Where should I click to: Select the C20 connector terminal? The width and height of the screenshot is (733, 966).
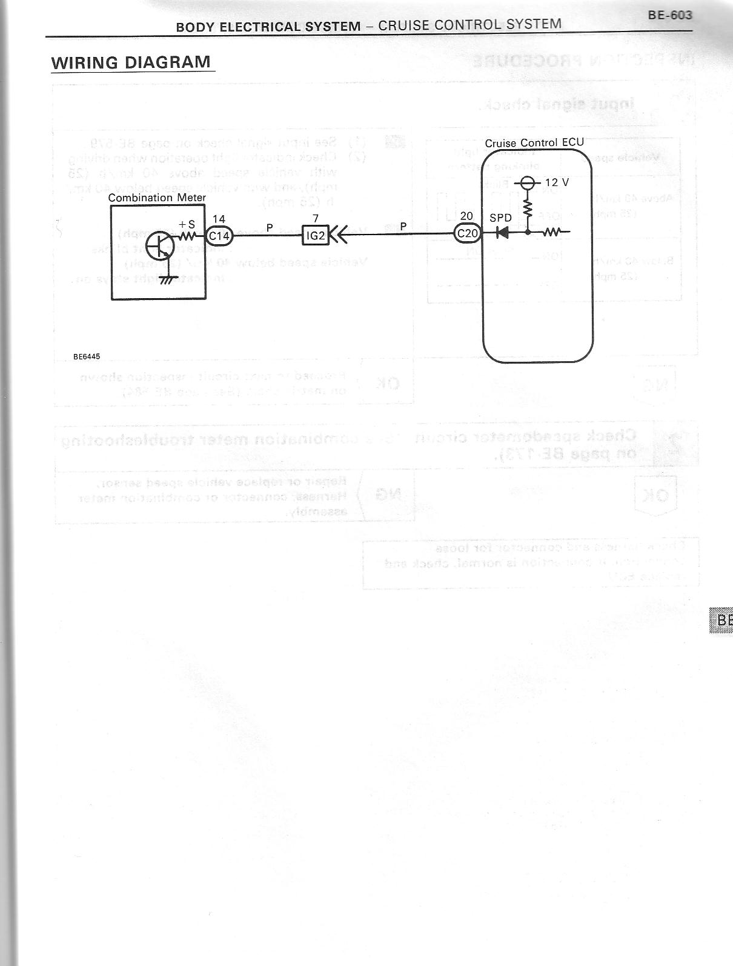[x=467, y=232]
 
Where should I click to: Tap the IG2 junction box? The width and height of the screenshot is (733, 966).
[x=316, y=236]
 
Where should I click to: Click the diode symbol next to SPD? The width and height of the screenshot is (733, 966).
[x=502, y=232]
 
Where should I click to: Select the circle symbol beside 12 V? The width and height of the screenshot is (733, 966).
[x=528, y=183]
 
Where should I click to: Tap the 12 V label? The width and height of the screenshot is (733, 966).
[x=556, y=182]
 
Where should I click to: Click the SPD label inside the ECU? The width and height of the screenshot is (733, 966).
[x=500, y=218]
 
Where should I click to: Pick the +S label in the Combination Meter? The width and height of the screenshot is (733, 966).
[x=187, y=224]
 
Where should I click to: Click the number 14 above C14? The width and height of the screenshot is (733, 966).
[x=219, y=220]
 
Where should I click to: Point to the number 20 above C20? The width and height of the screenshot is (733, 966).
[x=466, y=216]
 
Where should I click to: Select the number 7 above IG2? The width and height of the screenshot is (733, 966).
[x=316, y=218]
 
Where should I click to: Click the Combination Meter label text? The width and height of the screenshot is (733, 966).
[x=157, y=198]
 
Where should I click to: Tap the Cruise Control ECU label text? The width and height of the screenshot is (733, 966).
[x=534, y=143]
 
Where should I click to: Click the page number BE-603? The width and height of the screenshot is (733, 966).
[x=669, y=15]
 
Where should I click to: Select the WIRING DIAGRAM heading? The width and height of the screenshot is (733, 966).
[x=131, y=62]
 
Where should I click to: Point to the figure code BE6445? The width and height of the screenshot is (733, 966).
[x=87, y=356]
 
